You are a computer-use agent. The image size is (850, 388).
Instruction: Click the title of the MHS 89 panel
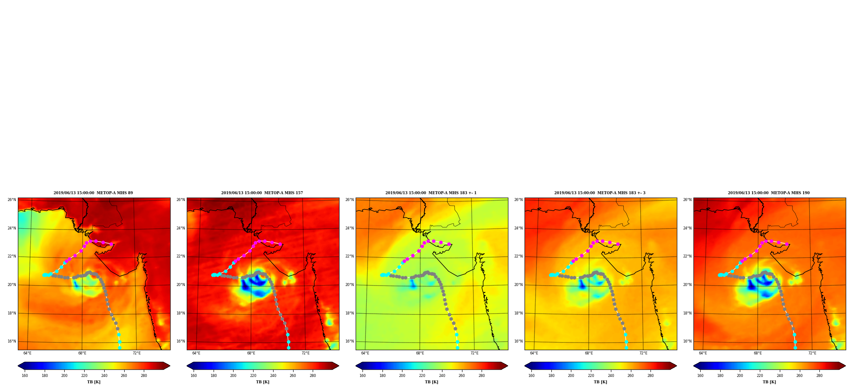coord(93,193)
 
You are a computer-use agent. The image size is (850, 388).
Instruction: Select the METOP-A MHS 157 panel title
coord(262,193)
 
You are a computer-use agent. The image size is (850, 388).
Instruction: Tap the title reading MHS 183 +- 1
coord(431,193)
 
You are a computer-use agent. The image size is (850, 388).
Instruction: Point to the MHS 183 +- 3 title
coord(600,193)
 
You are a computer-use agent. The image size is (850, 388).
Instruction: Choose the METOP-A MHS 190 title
coord(769,193)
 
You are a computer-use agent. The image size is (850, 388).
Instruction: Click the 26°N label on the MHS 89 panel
coord(11,200)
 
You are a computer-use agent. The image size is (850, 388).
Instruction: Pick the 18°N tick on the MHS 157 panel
coord(180,314)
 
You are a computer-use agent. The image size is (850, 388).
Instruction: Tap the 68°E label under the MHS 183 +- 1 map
coord(420,353)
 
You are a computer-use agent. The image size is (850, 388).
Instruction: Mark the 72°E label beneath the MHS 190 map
coord(812,353)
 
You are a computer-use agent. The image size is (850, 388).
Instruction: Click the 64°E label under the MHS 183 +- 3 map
coord(534,353)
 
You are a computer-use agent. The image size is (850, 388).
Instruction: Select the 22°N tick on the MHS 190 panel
coord(687,257)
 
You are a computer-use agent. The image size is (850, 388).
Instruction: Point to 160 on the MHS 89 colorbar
coord(25,375)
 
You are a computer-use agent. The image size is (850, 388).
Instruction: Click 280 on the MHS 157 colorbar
coord(313,375)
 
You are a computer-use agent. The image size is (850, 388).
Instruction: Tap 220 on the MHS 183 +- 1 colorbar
coord(422,375)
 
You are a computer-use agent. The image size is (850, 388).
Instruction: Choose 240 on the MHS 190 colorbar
coord(780,375)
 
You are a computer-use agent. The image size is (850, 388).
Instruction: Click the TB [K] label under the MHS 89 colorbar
coord(94,382)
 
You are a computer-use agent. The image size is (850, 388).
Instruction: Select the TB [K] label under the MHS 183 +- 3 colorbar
coord(600,382)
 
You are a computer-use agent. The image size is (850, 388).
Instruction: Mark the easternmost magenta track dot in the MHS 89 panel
coord(111,244)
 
